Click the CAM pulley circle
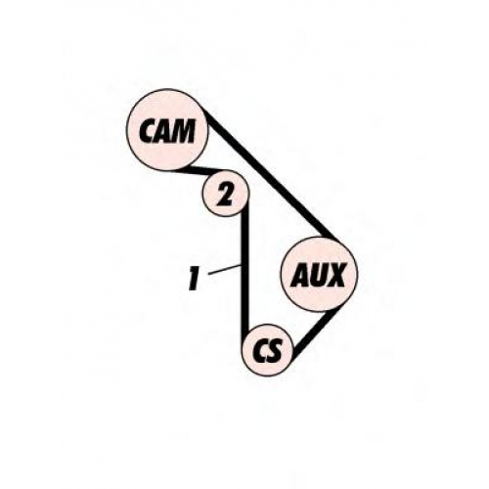tap(166, 129)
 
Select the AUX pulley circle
tap(319, 274)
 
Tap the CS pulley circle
tap(267, 350)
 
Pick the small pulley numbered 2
tap(226, 194)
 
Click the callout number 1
tap(194, 278)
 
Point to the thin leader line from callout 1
tap(225, 270)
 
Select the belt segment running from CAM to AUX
tap(271, 174)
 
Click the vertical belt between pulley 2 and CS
tap(244, 272)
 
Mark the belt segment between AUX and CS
tap(310, 333)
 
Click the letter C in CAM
tap(147, 131)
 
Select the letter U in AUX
tap(317, 275)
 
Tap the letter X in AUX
tap(334, 275)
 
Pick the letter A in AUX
tap(300, 276)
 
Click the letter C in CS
tap(260, 351)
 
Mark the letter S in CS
tap(274, 351)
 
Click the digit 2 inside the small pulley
tap(226, 194)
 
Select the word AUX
tap(318, 275)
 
